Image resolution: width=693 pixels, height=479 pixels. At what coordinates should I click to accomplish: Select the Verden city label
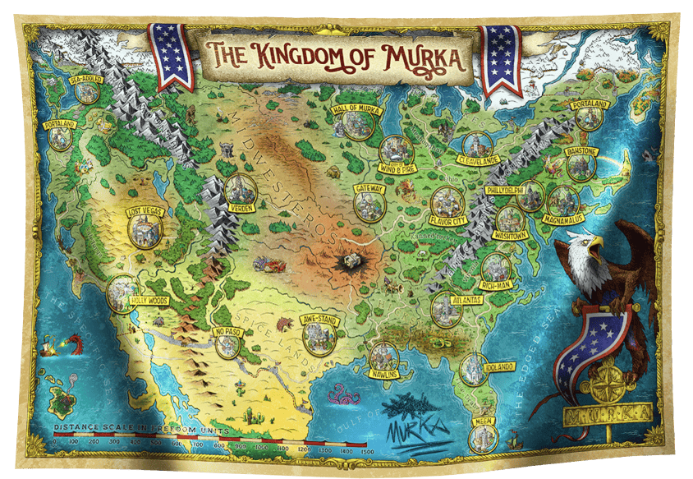[x=239, y=208]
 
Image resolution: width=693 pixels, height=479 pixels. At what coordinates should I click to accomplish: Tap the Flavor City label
[x=447, y=220]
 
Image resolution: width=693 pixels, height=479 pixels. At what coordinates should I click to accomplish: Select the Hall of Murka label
[x=354, y=108]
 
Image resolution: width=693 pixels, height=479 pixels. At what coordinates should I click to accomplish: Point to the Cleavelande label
[x=475, y=160]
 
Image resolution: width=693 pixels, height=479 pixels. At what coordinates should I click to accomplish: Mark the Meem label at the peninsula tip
[x=484, y=421]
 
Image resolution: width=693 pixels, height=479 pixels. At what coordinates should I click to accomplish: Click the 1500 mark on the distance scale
[x=367, y=449]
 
